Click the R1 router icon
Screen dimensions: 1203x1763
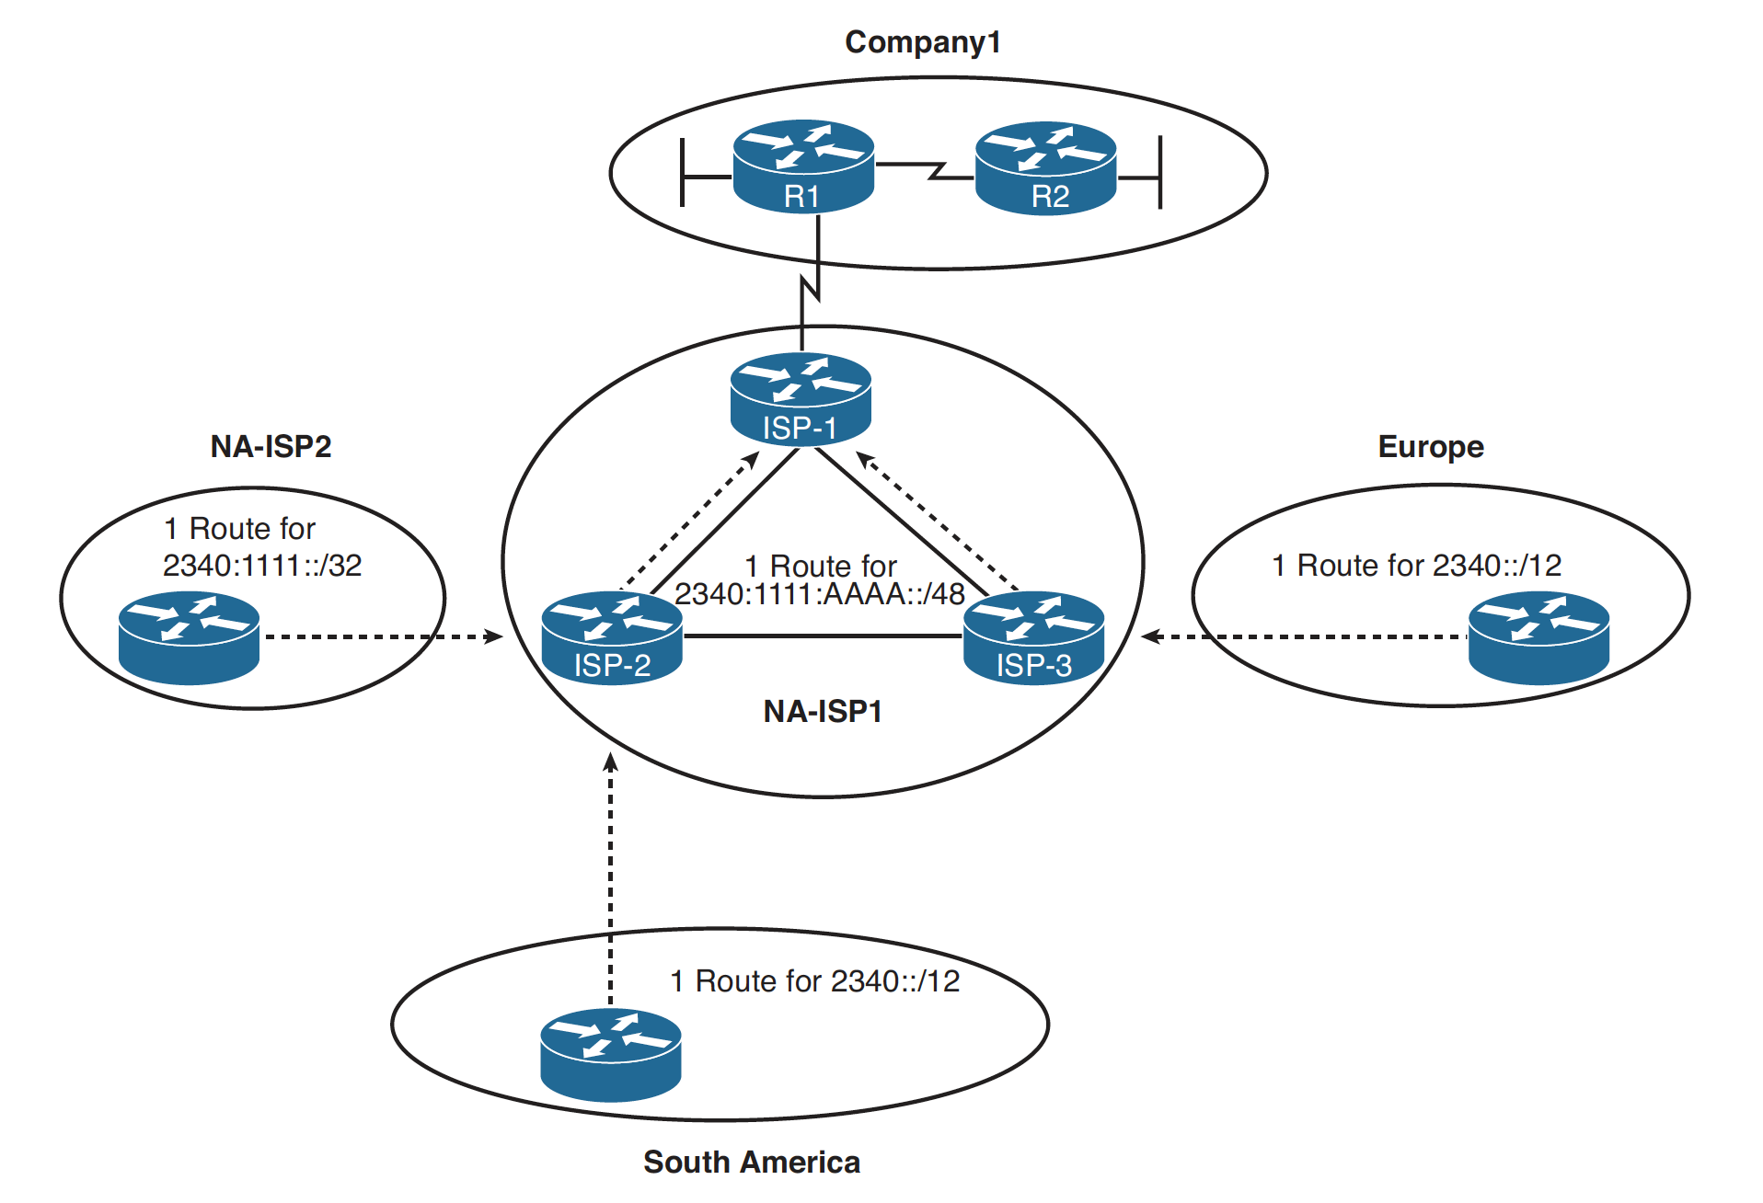(802, 166)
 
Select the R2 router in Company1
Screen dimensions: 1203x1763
(1045, 168)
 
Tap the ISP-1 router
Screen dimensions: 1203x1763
(801, 399)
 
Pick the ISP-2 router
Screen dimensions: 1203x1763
(612, 637)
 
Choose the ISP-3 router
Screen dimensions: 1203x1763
(1033, 637)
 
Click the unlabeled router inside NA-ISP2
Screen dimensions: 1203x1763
(189, 638)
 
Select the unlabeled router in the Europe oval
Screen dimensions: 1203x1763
(1538, 638)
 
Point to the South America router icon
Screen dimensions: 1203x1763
(610, 1055)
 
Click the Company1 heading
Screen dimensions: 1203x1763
(922, 42)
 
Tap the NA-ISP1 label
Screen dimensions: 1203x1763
(823, 711)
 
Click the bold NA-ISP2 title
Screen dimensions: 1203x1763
(271, 446)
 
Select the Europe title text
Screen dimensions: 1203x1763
(1430, 446)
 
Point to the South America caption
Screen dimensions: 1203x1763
(751, 1162)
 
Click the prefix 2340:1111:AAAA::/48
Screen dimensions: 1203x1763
(819, 594)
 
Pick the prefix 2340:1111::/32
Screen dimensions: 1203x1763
(262, 565)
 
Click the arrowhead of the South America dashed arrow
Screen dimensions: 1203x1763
(610, 762)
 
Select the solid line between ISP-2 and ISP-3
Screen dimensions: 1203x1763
(823, 636)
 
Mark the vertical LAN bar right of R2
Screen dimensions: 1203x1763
(1159, 172)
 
